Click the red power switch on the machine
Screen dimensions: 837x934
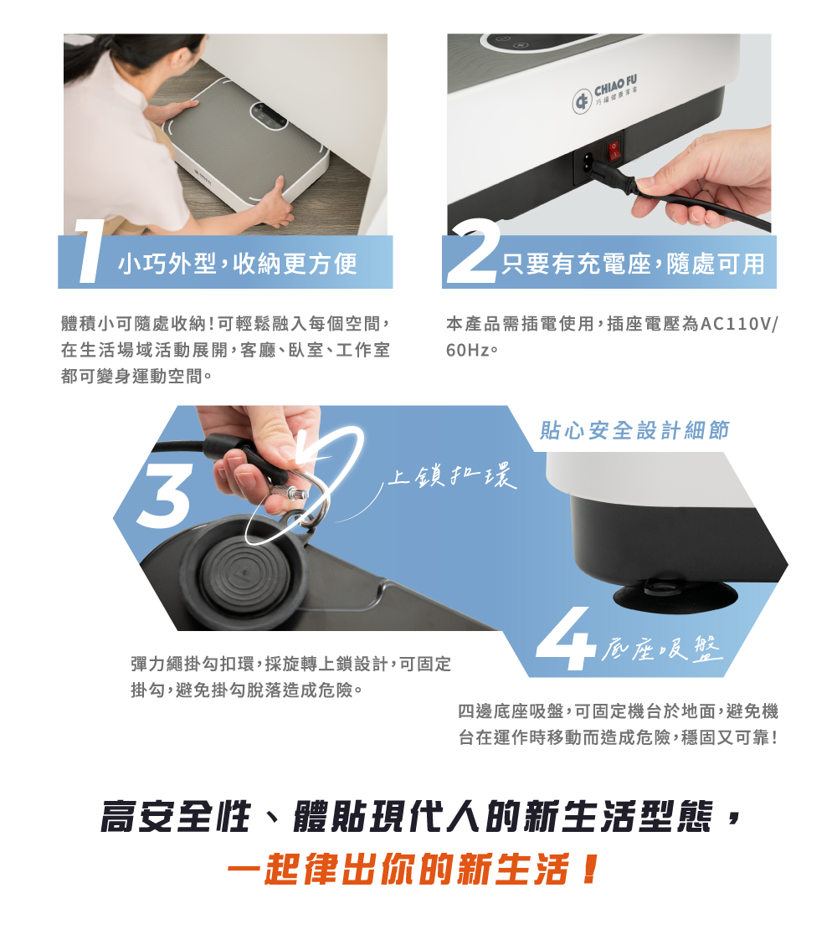click(x=616, y=151)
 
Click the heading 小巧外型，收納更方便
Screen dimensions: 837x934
click(x=238, y=264)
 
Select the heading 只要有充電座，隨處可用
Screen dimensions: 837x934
click(x=633, y=264)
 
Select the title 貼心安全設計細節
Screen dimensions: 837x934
click(x=634, y=431)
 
